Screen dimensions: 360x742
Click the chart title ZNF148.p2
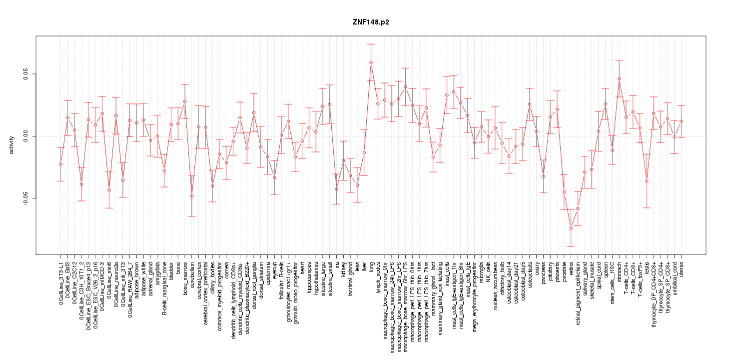click(x=371, y=22)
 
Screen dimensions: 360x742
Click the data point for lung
click(x=371, y=62)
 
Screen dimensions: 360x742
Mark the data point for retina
click(x=571, y=228)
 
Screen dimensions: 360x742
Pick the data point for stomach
click(x=619, y=79)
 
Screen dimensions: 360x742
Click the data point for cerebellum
click(x=191, y=196)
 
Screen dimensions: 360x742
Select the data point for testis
click(x=647, y=181)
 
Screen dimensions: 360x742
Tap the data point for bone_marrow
click(x=184, y=101)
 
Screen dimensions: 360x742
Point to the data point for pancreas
click(x=543, y=176)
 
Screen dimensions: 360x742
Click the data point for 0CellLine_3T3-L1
click(x=60, y=164)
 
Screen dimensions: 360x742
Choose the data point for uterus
click(x=681, y=121)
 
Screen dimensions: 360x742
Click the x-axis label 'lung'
click(x=371, y=265)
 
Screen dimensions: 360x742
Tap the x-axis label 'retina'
click(x=571, y=267)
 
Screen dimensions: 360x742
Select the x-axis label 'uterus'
click(x=682, y=268)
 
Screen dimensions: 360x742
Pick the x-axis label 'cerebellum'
click(x=192, y=274)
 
